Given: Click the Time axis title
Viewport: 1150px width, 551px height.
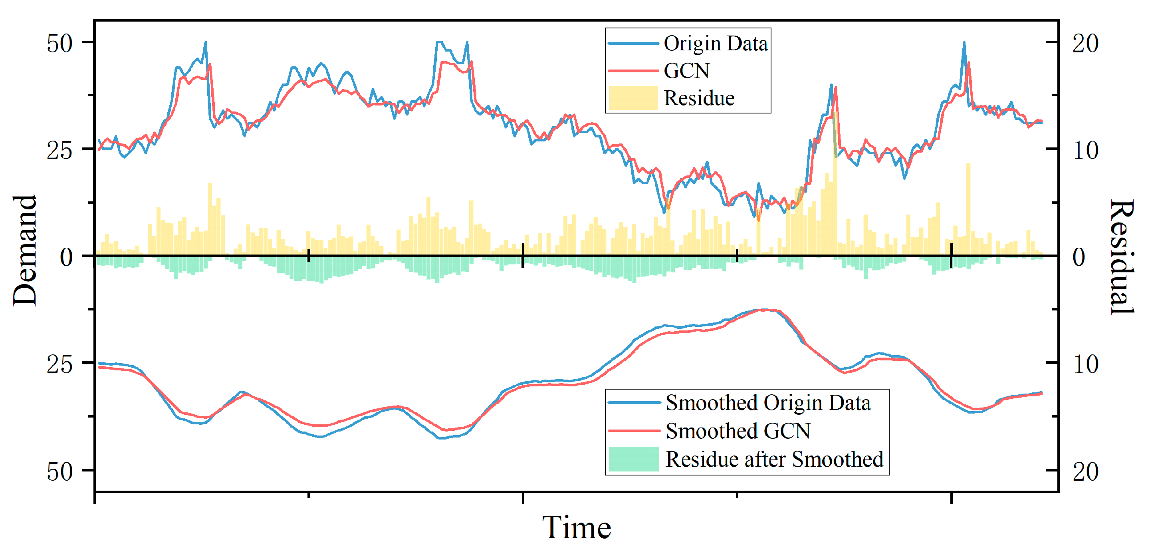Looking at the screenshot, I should pos(576,528).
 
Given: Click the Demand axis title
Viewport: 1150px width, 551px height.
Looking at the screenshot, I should pos(24,250).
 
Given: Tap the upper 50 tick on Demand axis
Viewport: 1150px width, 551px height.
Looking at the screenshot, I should pos(59,43).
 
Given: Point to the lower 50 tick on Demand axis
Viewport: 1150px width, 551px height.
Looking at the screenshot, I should pos(59,471).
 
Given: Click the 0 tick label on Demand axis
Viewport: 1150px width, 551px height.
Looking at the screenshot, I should pos(66,257).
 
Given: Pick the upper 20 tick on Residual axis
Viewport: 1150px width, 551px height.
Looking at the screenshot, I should pos(1085,43).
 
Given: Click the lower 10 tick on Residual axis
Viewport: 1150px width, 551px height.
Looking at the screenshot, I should pos(1085,364).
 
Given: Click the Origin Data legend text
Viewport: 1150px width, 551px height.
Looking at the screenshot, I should pos(715,43).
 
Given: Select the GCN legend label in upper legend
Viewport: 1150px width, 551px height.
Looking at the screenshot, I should pos(686,71).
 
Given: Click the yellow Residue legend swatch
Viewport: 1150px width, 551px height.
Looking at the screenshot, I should pos(633,98).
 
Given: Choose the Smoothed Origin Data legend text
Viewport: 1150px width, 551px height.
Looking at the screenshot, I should pos(767,403).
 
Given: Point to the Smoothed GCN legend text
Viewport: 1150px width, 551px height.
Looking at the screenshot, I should pos(738,431).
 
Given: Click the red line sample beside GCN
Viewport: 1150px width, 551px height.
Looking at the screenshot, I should pos(633,71).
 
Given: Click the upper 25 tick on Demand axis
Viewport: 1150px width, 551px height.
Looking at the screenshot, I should pos(59,150).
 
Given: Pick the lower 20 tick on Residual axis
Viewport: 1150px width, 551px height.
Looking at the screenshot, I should pos(1085,471).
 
